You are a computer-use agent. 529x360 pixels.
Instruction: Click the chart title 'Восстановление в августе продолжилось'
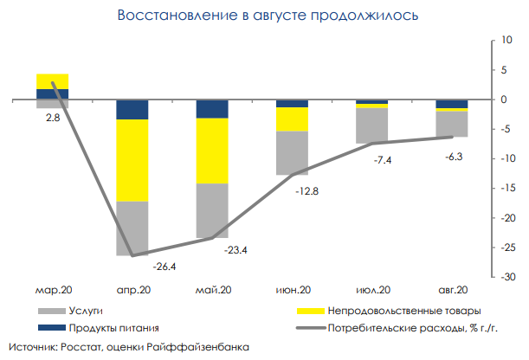268,16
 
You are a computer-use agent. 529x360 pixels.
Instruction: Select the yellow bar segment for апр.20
132,160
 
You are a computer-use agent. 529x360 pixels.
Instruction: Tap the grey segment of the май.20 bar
212,210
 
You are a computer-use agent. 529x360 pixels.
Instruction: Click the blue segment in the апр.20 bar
132,110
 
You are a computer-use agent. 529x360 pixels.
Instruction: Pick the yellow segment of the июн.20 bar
292,119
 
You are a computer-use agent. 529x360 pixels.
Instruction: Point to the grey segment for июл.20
372,125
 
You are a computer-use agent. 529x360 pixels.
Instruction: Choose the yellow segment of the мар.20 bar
52,81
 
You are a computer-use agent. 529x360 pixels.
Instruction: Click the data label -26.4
165,267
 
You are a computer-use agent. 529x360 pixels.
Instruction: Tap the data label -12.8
306,191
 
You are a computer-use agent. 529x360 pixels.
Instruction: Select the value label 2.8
53,118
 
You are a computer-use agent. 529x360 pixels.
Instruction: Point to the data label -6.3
454,157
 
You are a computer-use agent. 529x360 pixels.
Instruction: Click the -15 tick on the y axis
508,188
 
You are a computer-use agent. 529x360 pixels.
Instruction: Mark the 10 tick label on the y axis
506,40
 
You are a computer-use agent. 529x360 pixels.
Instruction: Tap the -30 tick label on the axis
508,277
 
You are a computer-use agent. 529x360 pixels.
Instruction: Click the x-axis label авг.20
453,290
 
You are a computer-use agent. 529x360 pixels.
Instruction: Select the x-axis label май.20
213,290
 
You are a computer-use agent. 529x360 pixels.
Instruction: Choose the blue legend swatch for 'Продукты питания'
52,328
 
